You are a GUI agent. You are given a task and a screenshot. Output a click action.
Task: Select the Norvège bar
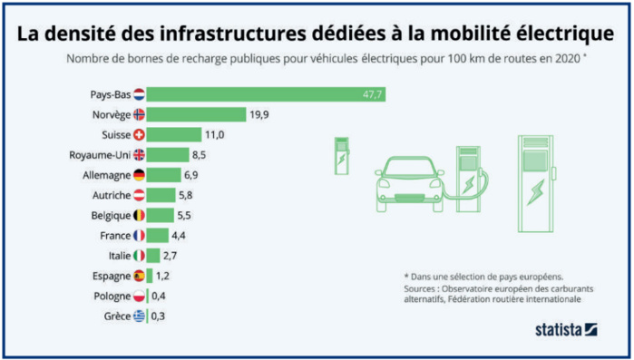(197, 114)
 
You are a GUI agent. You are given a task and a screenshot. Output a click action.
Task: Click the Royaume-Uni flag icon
(139, 154)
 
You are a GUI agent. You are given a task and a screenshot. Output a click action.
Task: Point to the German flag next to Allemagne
(139, 174)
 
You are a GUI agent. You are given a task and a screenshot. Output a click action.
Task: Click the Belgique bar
(161, 215)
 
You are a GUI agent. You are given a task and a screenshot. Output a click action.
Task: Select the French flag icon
(139, 235)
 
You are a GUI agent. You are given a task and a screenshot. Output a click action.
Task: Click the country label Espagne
(110, 275)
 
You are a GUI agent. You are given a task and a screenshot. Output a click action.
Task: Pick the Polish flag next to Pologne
(139, 295)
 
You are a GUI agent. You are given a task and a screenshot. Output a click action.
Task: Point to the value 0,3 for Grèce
(160, 315)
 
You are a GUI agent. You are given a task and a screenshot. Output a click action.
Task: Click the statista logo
(563, 330)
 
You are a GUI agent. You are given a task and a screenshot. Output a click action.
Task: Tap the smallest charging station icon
(342, 154)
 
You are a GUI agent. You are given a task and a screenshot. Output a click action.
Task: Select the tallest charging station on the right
(535, 177)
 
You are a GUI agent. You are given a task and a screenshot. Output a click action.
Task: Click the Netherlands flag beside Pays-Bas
(139, 94)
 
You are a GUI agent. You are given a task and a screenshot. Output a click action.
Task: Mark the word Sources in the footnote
(425, 289)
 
